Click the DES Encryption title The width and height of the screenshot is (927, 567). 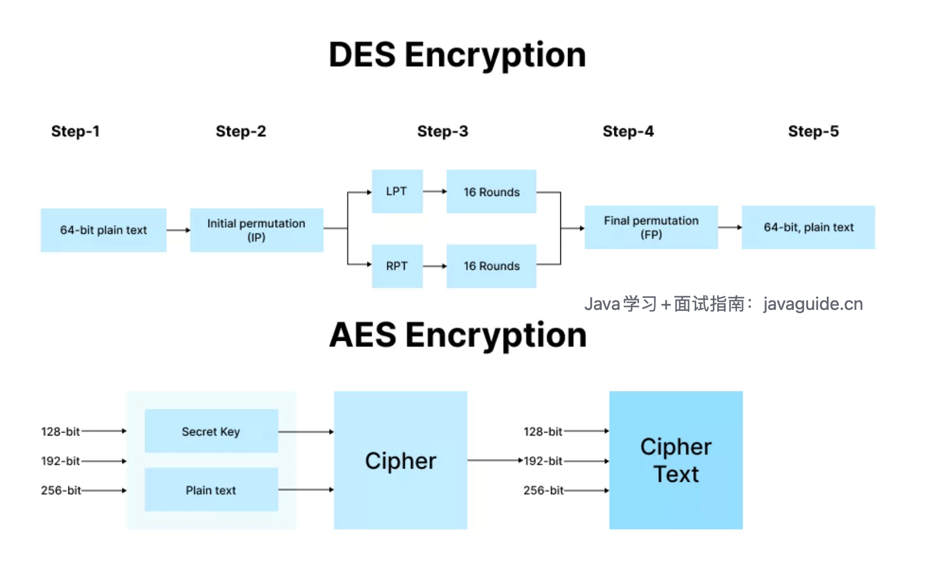coord(457,55)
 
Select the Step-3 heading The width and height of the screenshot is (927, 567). coord(443,132)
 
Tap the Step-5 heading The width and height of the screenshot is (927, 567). coord(813,132)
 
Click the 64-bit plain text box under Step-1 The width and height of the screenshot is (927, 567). coord(103,230)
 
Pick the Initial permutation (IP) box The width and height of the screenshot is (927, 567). coord(257,230)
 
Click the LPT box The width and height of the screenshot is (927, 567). coord(397,192)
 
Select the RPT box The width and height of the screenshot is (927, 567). coord(397,266)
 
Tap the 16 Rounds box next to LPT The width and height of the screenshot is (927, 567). coord(491,192)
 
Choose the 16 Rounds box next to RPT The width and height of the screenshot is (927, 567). coord(491,266)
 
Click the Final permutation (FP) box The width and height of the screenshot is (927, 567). coord(651,227)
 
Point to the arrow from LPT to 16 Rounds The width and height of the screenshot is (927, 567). coord(434,192)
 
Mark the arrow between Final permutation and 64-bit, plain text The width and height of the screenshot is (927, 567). coord(730,227)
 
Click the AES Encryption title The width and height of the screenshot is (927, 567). coord(457,335)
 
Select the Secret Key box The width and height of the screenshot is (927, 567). coord(211,431)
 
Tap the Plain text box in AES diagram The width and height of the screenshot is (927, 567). coord(211,490)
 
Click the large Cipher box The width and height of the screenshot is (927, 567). coord(400,461)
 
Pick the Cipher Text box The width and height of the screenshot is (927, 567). coord(675,461)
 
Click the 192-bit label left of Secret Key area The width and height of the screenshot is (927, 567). coord(60,461)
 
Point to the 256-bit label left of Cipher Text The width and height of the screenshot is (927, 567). coord(543,490)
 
